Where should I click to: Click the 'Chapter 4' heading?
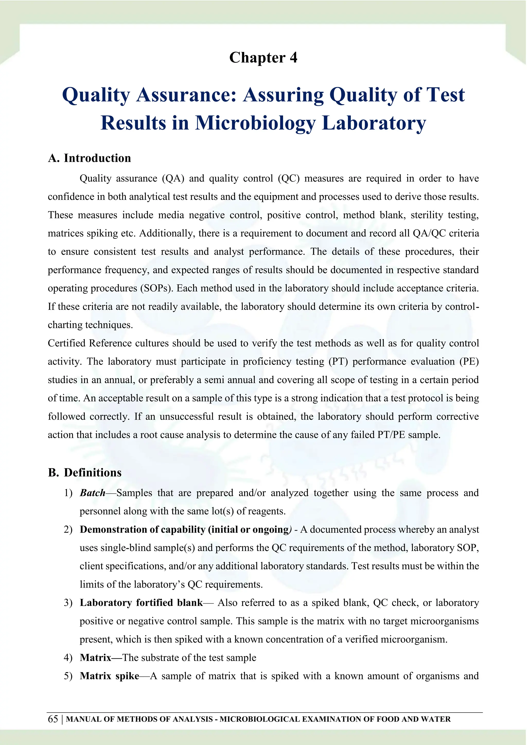[x=263, y=58]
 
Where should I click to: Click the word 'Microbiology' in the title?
[x=255, y=123]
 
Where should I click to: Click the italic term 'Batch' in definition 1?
[x=92, y=493]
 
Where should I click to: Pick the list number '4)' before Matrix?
[x=68, y=658]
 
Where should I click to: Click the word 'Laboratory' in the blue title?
[x=374, y=123]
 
